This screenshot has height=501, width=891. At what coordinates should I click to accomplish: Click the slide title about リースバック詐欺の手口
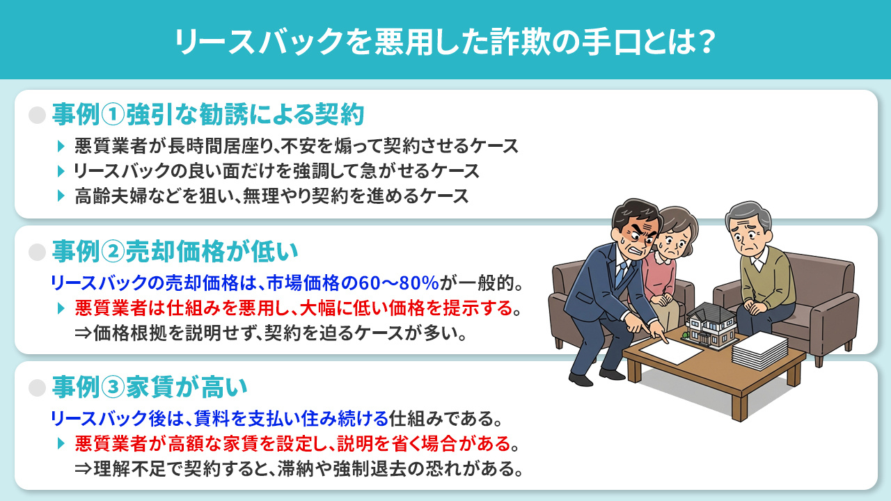[445, 41]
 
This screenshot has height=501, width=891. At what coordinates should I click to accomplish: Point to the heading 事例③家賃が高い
[150, 386]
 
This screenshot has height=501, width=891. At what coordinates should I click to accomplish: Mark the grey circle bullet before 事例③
[37, 387]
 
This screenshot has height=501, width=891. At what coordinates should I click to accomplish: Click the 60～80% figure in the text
[397, 283]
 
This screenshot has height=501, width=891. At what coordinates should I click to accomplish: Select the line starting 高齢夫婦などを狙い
[271, 196]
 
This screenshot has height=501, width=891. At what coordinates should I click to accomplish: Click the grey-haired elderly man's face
[749, 229]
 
